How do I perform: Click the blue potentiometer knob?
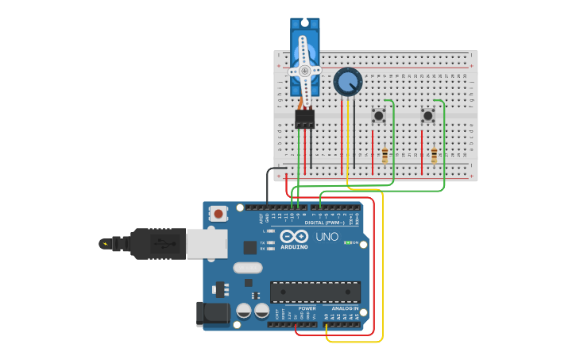[x=347, y=81]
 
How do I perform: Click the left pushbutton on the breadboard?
[x=379, y=116]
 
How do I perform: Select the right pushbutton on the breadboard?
[x=428, y=116]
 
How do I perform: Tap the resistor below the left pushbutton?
[x=385, y=155]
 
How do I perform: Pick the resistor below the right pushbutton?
[x=435, y=155]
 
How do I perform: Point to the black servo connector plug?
[x=304, y=119]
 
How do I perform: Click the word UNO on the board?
[x=327, y=237]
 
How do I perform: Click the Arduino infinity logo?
[x=294, y=236]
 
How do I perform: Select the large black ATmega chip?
[x=315, y=292]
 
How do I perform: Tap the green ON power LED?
[x=347, y=242]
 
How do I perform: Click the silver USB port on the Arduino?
[x=207, y=244]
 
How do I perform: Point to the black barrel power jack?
[x=212, y=313]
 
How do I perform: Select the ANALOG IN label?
[x=345, y=308]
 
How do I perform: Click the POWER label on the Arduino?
[x=296, y=308]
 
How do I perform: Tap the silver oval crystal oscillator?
[x=247, y=268]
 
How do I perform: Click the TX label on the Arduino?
[x=263, y=242]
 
